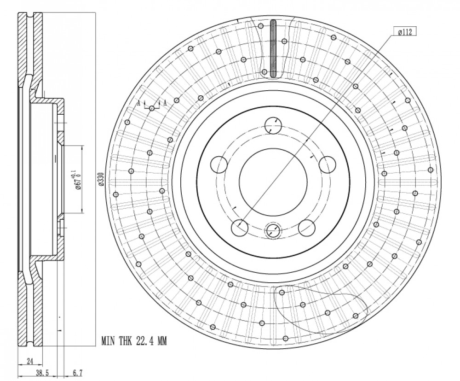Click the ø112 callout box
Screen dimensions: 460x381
point(405,32)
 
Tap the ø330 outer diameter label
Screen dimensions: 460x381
point(101,179)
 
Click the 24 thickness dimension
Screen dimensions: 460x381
point(30,361)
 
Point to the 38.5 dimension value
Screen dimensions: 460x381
point(42,373)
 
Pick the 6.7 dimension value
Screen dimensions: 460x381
point(77,373)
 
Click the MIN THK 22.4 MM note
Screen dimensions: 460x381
point(134,341)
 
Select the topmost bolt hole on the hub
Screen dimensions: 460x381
point(273,126)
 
